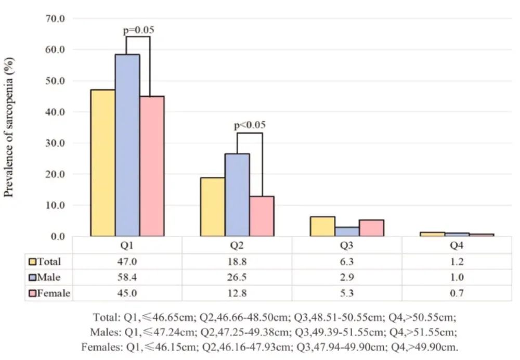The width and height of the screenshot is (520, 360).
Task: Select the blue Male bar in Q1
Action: pos(127,145)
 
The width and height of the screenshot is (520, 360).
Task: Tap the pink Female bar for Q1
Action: pos(152,166)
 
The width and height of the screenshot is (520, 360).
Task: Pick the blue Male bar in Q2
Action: pos(237,195)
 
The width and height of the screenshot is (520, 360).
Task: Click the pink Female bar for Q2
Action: pos(262,216)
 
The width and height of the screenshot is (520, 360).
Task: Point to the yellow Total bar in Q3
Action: pos(322,226)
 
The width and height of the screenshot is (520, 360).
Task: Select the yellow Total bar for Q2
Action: pos(213,207)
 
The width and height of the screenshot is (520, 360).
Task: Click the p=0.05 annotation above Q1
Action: pos(138,30)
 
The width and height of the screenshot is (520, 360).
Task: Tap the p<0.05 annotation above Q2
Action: pos(250,125)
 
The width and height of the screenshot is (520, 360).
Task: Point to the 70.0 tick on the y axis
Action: pos(55,19)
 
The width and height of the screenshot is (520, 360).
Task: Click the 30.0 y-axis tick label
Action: pos(55,143)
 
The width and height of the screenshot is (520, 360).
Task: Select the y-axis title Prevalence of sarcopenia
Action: pos(9,127)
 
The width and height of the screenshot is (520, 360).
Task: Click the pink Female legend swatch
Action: pos(32,293)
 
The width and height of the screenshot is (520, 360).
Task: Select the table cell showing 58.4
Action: pos(127,277)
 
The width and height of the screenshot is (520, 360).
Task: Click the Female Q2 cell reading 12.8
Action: pos(237,293)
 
